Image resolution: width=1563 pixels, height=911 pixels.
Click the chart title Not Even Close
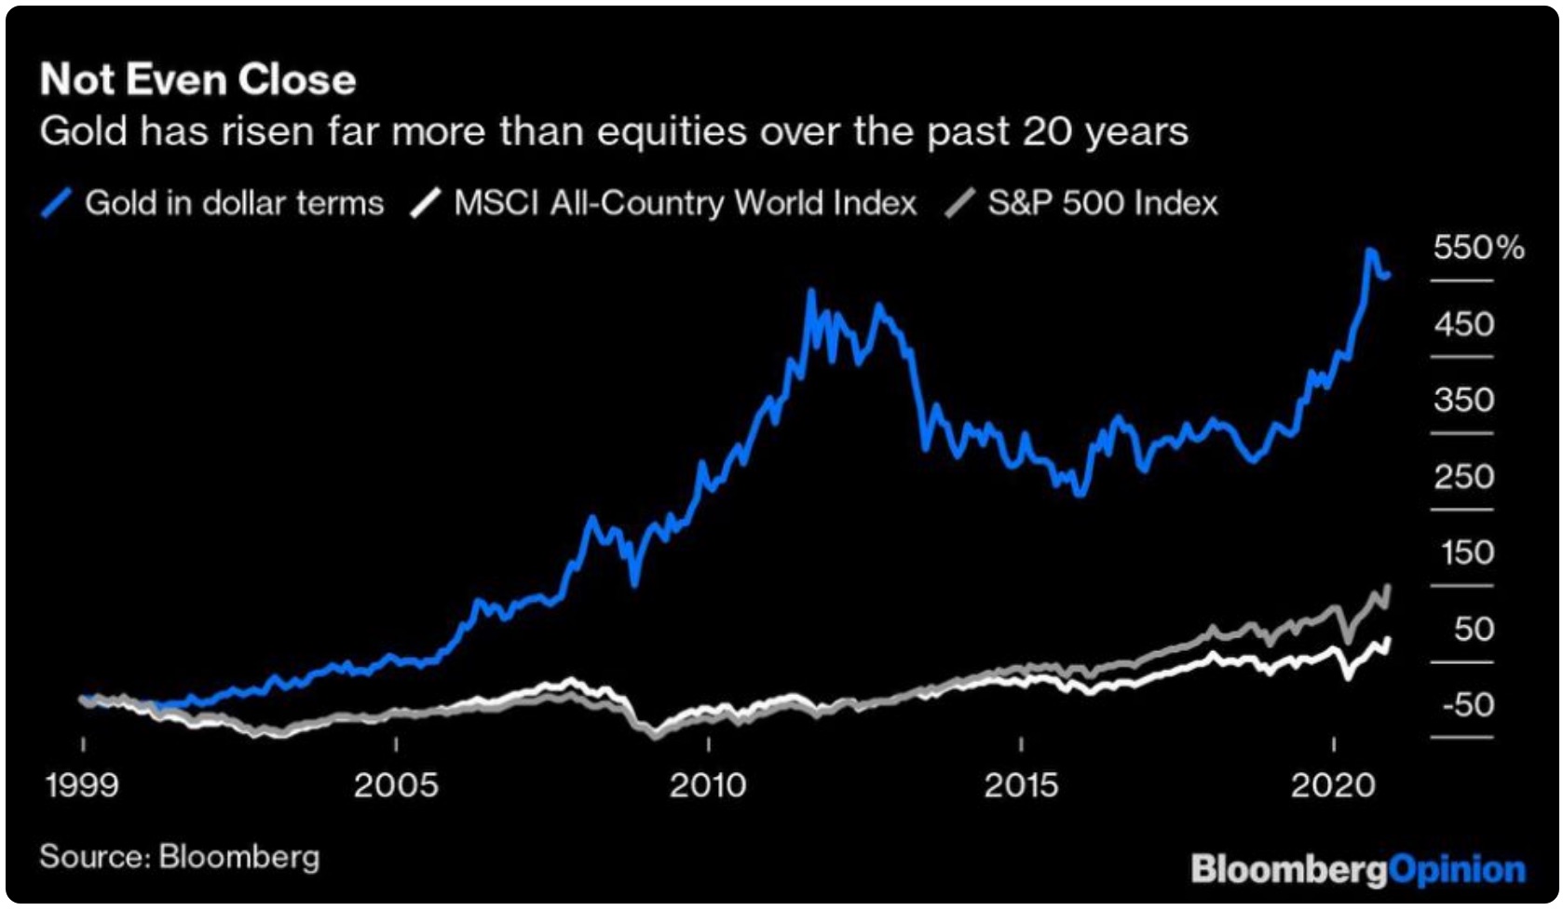pos(197,80)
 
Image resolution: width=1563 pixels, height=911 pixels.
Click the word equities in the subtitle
pos(672,131)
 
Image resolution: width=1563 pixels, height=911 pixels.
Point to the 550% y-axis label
pos(1478,248)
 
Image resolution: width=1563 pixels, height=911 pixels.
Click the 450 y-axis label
pos(1464,324)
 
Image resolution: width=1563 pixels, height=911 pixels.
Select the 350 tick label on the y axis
pos(1464,401)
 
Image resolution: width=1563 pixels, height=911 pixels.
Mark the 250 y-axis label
pos(1464,477)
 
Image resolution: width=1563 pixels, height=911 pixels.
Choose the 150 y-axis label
pos(1467,552)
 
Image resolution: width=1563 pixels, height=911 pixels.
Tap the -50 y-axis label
pos(1467,704)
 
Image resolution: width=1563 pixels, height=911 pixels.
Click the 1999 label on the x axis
pos(82,785)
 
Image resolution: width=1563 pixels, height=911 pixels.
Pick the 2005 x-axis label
pos(396,785)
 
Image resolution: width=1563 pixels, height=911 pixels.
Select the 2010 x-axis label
pos(708,785)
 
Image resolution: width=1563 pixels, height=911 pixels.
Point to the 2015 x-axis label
pos(1021,785)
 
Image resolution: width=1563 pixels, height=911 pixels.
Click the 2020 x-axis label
pos(1333,785)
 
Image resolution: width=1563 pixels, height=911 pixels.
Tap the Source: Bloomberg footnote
pos(179,857)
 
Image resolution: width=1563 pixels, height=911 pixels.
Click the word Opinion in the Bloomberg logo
pos(1457,870)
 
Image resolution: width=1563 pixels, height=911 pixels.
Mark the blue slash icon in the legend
pos(57,203)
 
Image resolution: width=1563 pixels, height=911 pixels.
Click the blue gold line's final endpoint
pos(1389,275)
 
